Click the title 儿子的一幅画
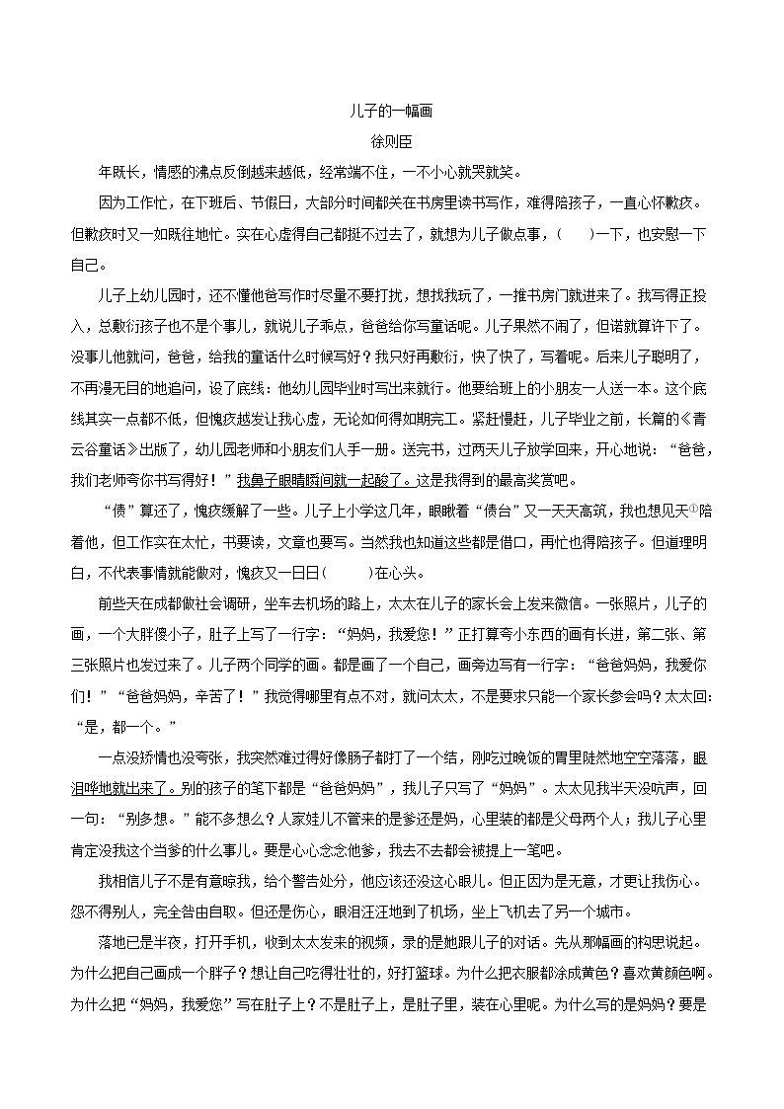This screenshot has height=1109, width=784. point(391,113)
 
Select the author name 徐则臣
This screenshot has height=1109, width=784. point(391,143)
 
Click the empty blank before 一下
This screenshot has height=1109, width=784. point(577,235)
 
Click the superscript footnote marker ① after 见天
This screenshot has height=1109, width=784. point(692,511)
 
